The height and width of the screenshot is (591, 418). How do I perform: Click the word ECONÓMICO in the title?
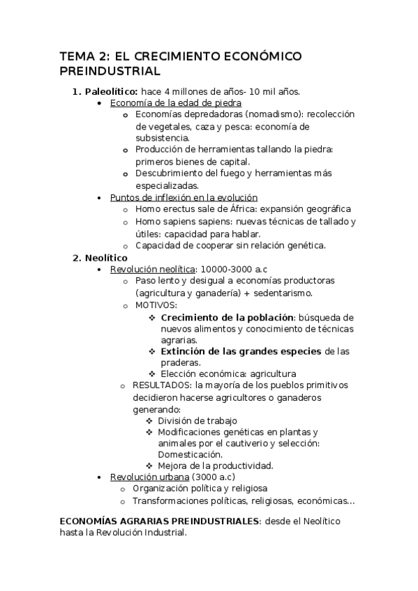[248, 56]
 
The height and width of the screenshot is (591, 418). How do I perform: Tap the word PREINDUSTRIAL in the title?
[110, 72]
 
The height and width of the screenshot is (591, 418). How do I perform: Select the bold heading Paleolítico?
[111, 91]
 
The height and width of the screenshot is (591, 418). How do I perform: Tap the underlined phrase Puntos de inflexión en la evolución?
[184, 197]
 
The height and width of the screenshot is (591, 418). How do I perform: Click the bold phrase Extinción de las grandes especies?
[241, 351]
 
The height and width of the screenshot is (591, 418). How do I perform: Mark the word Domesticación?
[191, 454]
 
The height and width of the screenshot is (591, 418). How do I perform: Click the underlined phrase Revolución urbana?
[149, 477]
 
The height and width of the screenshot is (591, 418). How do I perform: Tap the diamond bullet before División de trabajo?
[149, 420]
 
